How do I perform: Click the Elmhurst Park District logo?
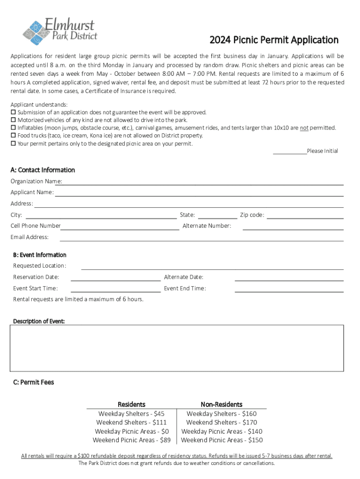[60, 29]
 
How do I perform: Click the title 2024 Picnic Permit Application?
[274, 40]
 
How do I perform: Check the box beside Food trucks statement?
[13, 136]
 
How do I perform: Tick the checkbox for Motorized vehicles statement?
[13, 120]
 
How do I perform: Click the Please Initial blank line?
[289, 151]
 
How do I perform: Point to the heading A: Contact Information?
[43, 170]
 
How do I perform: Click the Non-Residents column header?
[222, 404]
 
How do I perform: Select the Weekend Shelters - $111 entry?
[131, 422]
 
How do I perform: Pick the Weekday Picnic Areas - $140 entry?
[222, 431]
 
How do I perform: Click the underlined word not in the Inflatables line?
[304, 128]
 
